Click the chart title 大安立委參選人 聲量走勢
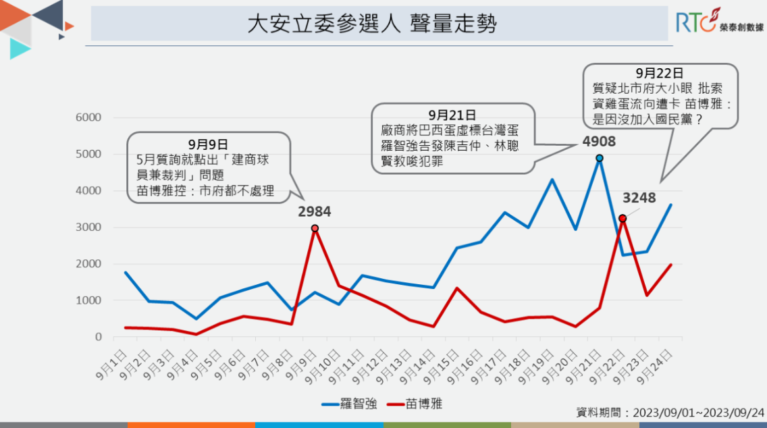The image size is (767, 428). point(372,25)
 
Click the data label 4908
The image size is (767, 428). point(600,141)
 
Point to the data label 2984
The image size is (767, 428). point(315,212)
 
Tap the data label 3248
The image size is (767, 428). point(639,198)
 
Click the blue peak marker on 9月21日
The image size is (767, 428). point(600,158)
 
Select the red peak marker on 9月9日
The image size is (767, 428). point(315,228)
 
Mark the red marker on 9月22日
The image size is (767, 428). point(623,218)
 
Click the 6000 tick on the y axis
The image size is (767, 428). point(88,117)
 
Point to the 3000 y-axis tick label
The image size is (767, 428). point(88,227)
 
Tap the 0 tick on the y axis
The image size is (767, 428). point(99,337)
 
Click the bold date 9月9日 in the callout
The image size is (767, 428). point(208,144)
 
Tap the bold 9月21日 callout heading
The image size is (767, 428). point(452,115)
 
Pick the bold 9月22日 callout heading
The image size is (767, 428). point(659,73)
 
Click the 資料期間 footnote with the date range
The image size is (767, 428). point(670,412)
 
